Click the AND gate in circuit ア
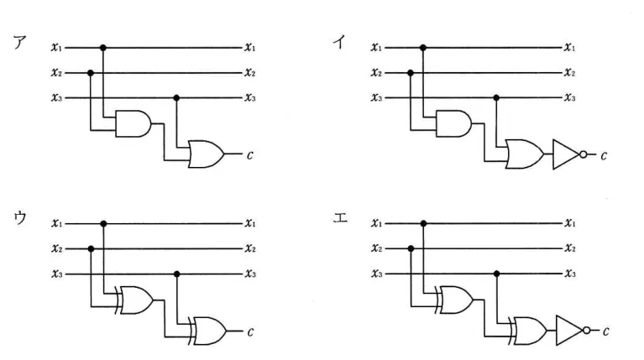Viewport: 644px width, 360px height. pyautogui.click(x=134, y=123)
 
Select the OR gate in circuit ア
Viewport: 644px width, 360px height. pyautogui.click(x=207, y=154)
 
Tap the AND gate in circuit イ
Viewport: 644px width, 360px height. pyautogui.click(x=453, y=123)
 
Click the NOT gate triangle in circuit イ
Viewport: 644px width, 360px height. pyautogui.click(x=566, y=154)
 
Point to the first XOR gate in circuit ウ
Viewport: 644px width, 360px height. pyautogui.click(x=134, y=300)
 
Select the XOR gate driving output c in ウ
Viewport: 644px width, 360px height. pyautogui.click(x=207, y=331)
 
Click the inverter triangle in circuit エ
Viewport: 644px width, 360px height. pyautogui.click(x=569, y=331)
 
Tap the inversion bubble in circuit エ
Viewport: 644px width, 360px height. pyautogui.click(x=587, y=331)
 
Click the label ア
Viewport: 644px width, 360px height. pyautogui.click(x=19, y=43)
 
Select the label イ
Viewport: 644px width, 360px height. pyautogui.click(x=339, y=42)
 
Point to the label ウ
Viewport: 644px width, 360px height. pyautogui.click(x=20, y=217)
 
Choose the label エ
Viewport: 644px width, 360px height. pyautogui.click(x=340, y=217)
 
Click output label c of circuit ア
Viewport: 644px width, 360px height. pyautogui.click(x=249, y=155)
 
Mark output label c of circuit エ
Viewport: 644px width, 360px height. pyautogui.click(x=606, y=331)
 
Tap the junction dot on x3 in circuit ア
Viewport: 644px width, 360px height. pyautogui.click(x=176, y=97)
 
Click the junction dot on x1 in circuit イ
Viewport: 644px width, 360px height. pyautogui.click(x=423, y=48)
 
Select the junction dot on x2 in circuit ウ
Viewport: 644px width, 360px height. pyautogui.click(x=92, y=248)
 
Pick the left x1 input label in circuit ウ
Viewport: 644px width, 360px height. pyautogui.click(x=57, y=223)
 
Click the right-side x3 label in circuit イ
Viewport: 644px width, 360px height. pyautogui.click(x=569, y=97)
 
